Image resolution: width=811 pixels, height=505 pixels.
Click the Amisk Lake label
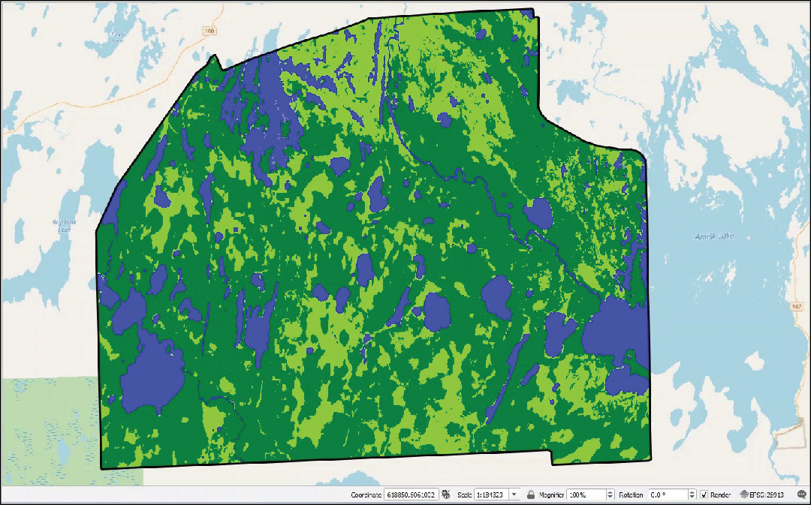click(x=714, y=237)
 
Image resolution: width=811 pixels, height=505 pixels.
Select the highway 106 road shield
click(x=209, y=31)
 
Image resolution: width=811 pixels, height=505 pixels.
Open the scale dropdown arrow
click(x=514, y=495)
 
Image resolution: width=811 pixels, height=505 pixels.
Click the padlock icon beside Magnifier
click(x=530, y=495)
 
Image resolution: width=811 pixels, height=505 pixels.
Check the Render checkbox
click(x=704, y=495)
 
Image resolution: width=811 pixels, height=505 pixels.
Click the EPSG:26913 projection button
click(x=761, y=495)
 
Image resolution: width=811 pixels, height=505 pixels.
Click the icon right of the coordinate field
click(x=446, y=495)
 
